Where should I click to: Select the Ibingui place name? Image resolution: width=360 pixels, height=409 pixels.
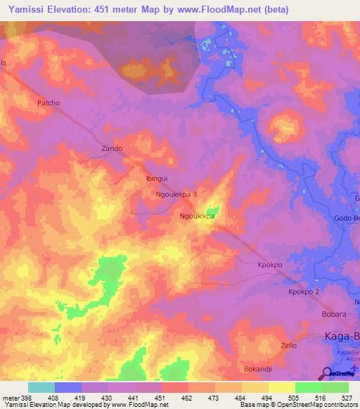157,178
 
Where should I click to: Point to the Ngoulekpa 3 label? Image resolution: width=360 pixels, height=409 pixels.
181,193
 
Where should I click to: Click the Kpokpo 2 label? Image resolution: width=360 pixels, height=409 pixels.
304,291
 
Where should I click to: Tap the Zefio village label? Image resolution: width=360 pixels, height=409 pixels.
288,346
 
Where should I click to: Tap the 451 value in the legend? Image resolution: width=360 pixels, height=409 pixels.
162,397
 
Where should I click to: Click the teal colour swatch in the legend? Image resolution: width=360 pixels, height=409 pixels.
41,387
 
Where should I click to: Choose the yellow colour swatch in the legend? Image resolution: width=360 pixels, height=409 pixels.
281,387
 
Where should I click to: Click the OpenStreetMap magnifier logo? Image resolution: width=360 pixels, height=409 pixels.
328,373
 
